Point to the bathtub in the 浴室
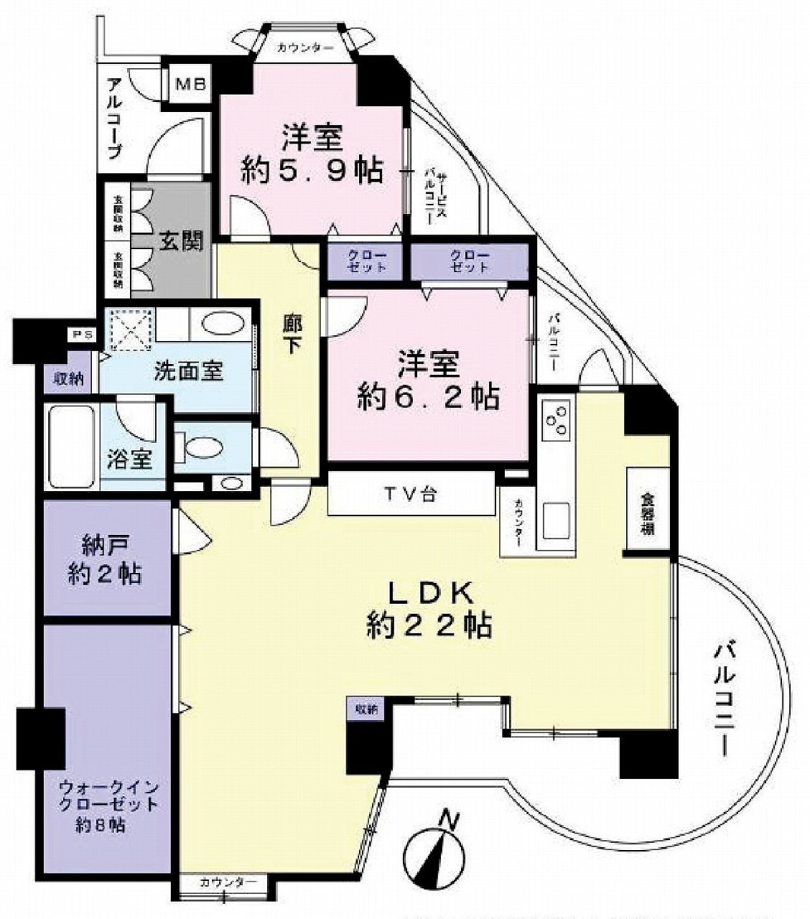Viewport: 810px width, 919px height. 70,447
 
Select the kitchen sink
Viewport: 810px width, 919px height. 557,521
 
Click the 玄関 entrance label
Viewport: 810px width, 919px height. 180,241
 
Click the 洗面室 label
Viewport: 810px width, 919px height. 189,370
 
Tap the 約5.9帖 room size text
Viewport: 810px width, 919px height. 310,170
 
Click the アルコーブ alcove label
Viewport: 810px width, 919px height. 114,118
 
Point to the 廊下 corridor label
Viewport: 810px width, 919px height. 291,335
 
